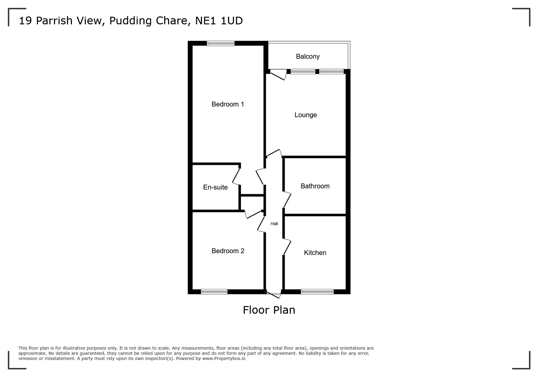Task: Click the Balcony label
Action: tap(308, 57)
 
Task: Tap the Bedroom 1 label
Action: tap(228, 104)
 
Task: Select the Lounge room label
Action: tap(306, 115)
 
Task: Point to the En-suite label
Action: tap(215, 187)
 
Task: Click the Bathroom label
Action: tap(315, 186)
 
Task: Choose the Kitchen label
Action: tap(315, 253)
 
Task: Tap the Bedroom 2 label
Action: tap(228, 251)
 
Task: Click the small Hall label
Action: tap(274, 224)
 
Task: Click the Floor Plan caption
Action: tap(269, 310)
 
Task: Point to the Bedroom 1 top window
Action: tap(221, 44)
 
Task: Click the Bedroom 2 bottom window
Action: tap(214, 291)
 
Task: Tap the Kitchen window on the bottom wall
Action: tap(317, 291)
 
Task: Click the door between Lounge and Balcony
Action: tap(278, 75)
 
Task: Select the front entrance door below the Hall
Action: tap(274, 294)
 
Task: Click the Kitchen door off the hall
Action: tap(287, 247)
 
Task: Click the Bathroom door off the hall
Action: tap(287, 200)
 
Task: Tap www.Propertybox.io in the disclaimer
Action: tap(224, 358)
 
